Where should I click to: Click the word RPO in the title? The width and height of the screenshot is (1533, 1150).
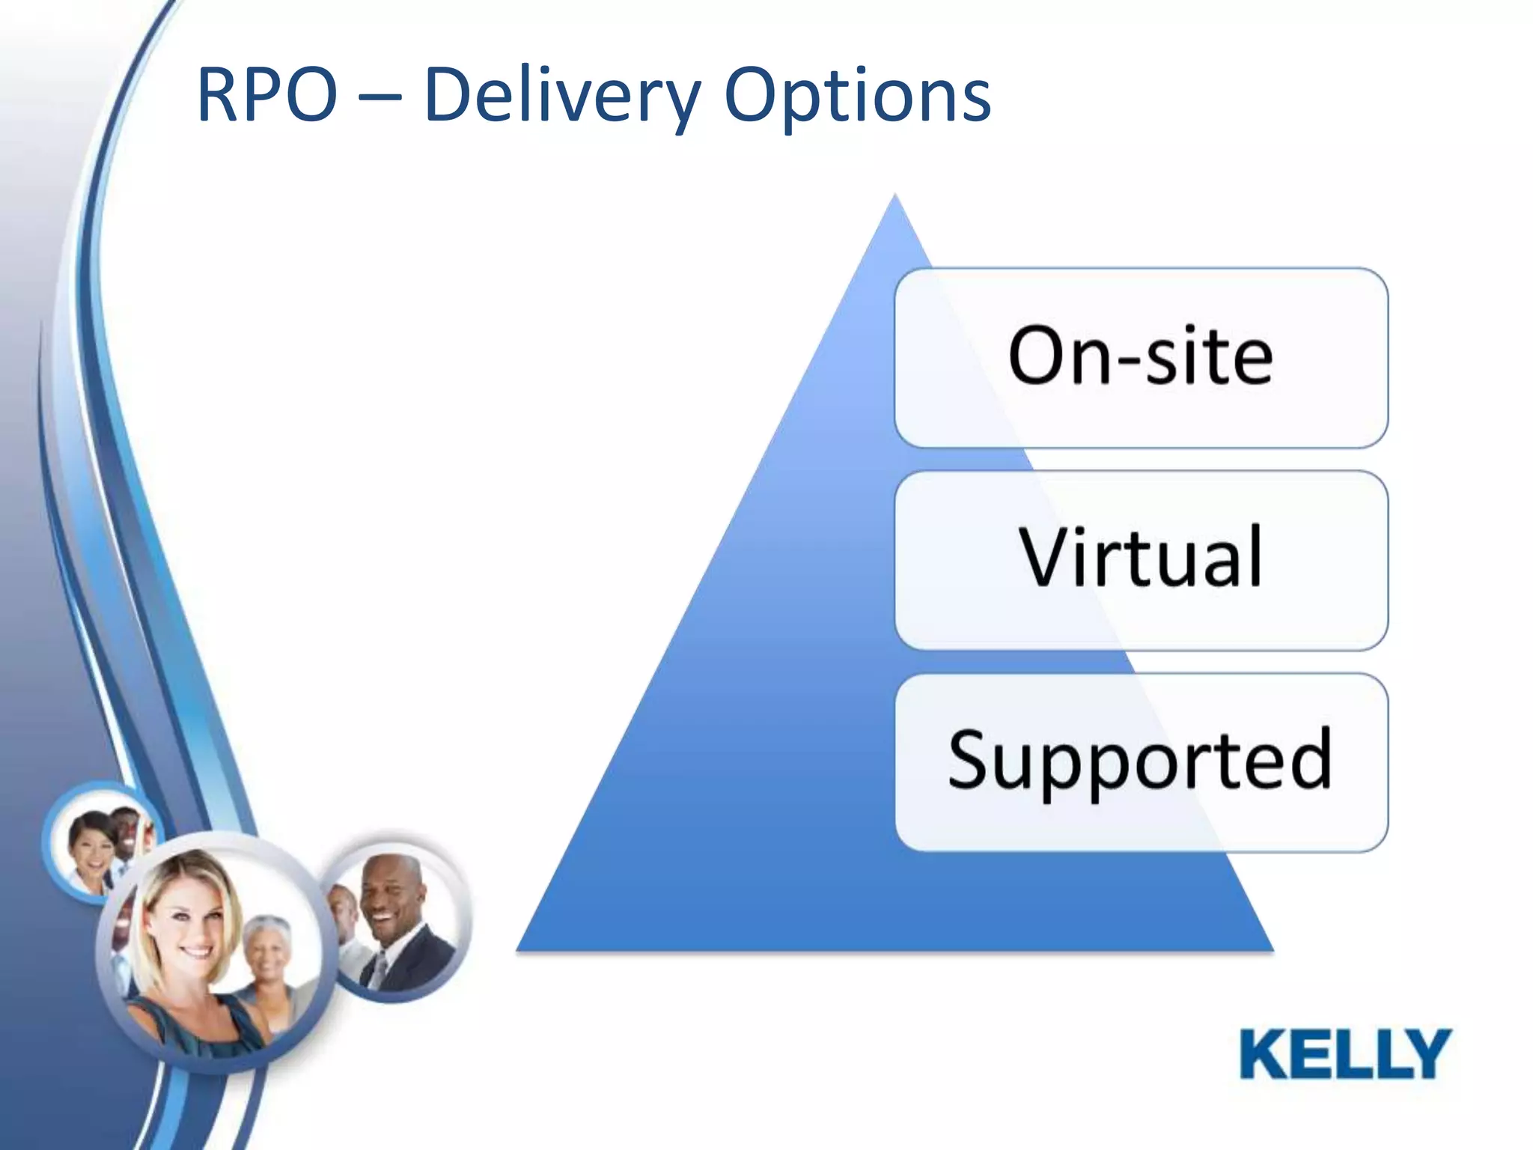coord(266,96)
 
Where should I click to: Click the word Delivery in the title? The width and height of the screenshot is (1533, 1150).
coord(561,96)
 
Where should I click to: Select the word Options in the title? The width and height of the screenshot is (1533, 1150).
coord(858,96)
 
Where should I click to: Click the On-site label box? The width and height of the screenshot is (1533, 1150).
coord(1141,357)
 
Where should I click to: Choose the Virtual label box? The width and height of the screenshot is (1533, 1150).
coord(1141,559)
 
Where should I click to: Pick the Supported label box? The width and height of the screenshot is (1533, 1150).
coord(1141,761)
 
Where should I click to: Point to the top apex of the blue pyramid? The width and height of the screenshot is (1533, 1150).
coord(894,198)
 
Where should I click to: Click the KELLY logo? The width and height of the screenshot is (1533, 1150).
coord(1345,1053)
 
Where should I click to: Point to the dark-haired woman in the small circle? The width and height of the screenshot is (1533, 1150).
coord(90,846)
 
